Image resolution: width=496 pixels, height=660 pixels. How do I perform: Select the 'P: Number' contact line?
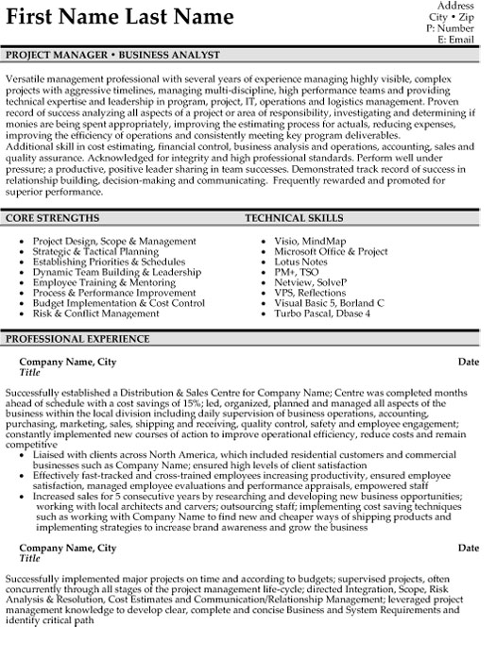[453, 29]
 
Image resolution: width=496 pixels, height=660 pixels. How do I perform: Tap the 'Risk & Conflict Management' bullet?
[95, 313]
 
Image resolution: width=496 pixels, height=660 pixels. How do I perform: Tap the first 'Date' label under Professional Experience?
[469, 362]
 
